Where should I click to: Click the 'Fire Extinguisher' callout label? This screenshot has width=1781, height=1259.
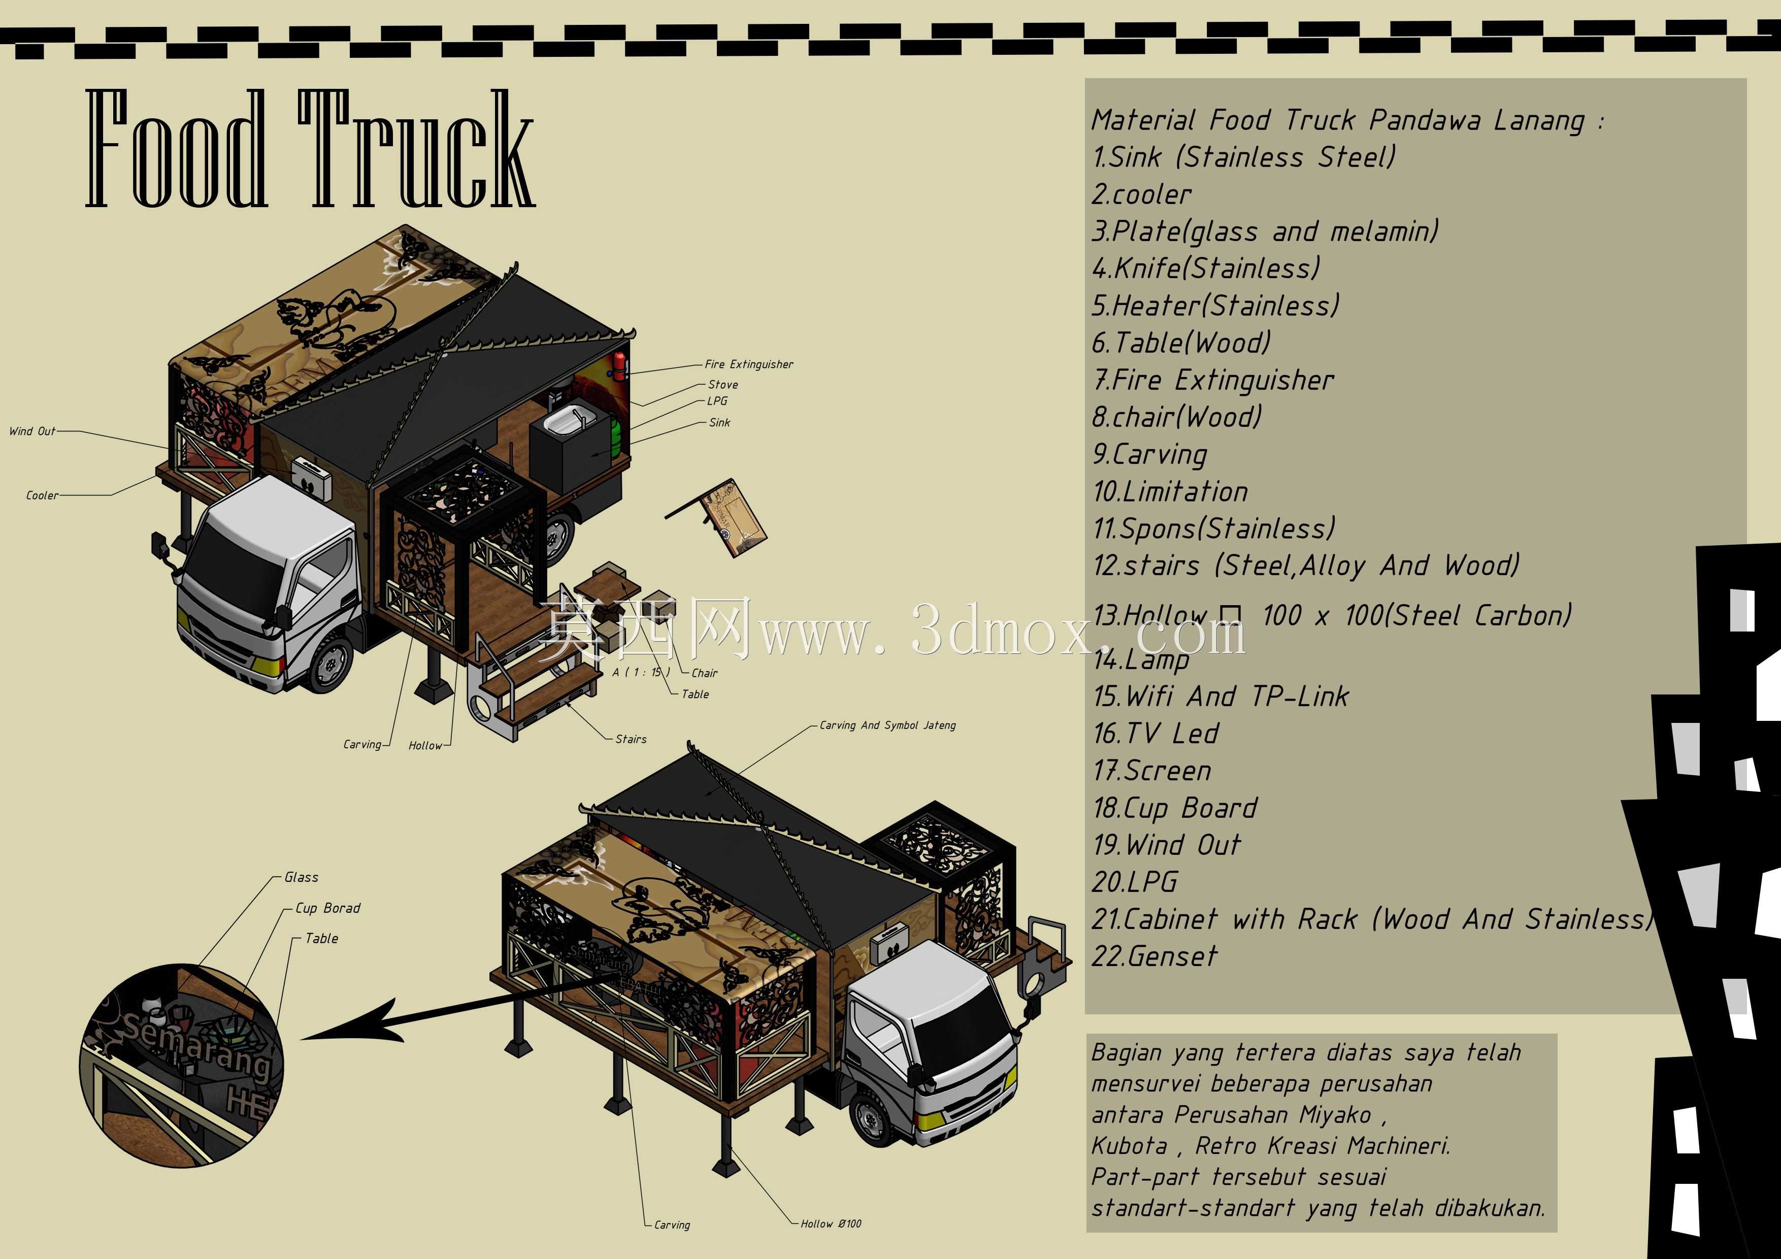[748, 365]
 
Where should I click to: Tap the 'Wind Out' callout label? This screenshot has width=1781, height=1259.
[32, 432]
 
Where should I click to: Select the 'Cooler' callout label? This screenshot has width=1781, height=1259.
[42, 495]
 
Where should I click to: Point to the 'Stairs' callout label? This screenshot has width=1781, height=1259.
[631, 739]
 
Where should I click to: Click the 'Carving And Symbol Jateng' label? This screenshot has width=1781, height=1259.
[887, 725]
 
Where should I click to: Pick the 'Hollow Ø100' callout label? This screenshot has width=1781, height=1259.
[831, 1223]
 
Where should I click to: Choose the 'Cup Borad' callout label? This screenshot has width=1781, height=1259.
[327, 908]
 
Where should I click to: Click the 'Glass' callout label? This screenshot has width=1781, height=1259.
[301, 877]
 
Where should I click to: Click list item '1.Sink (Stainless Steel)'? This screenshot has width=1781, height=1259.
[1243, 157]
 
